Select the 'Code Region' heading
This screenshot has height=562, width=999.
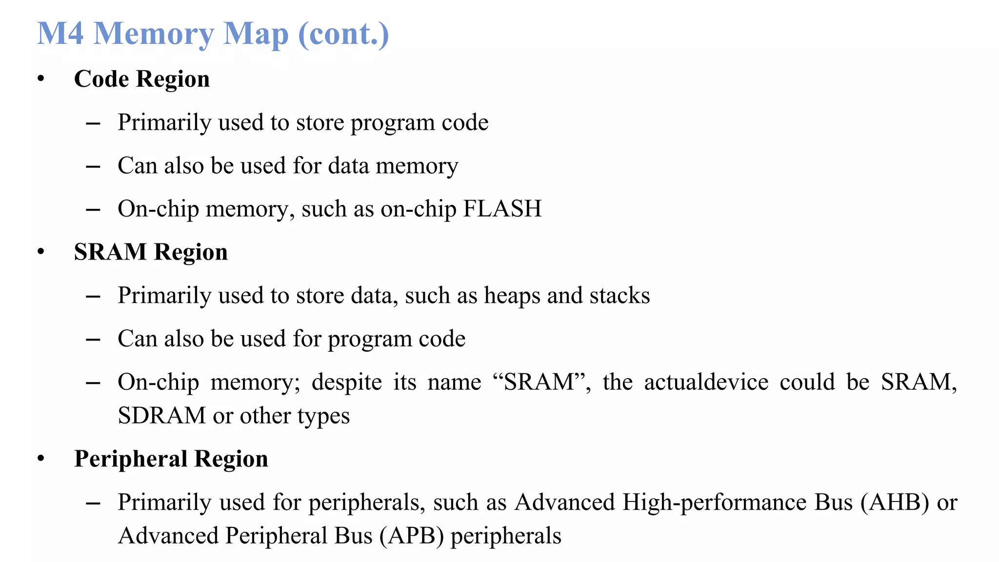click(x=141, y=79)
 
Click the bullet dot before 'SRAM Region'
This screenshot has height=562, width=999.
click(x=41, y=252)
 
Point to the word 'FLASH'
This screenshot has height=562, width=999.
click(x=502, y=209)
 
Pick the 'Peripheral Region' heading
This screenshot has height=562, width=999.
click(x=171, y=459)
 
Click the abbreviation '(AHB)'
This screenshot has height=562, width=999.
click(x=895, y=502)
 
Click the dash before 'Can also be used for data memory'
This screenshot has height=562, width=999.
click(x=93, y=167)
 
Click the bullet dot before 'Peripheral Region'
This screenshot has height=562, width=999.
click(x=41, y=459)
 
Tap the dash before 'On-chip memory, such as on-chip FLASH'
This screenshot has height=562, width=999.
click(x=93, y=210)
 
